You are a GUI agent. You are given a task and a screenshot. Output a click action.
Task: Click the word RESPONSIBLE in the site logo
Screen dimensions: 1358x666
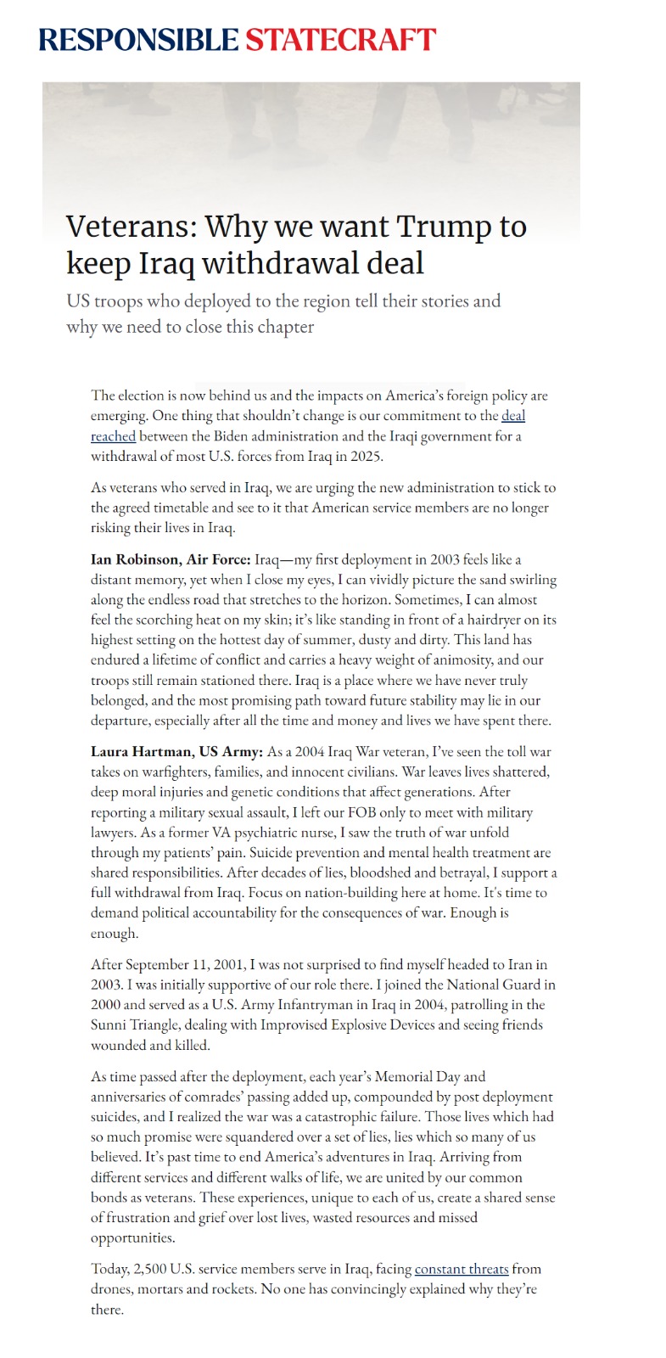(x=138, y=40)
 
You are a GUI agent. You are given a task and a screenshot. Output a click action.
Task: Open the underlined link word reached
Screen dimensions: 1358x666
(x=113, y=436)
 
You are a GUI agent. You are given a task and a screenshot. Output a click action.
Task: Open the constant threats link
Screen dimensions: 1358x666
(x=462, y=1269)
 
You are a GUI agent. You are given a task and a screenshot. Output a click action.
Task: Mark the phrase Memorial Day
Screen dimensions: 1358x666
(x=419, y=1076)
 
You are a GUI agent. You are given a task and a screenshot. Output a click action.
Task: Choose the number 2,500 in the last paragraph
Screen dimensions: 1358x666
(x=149, y=1269)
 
